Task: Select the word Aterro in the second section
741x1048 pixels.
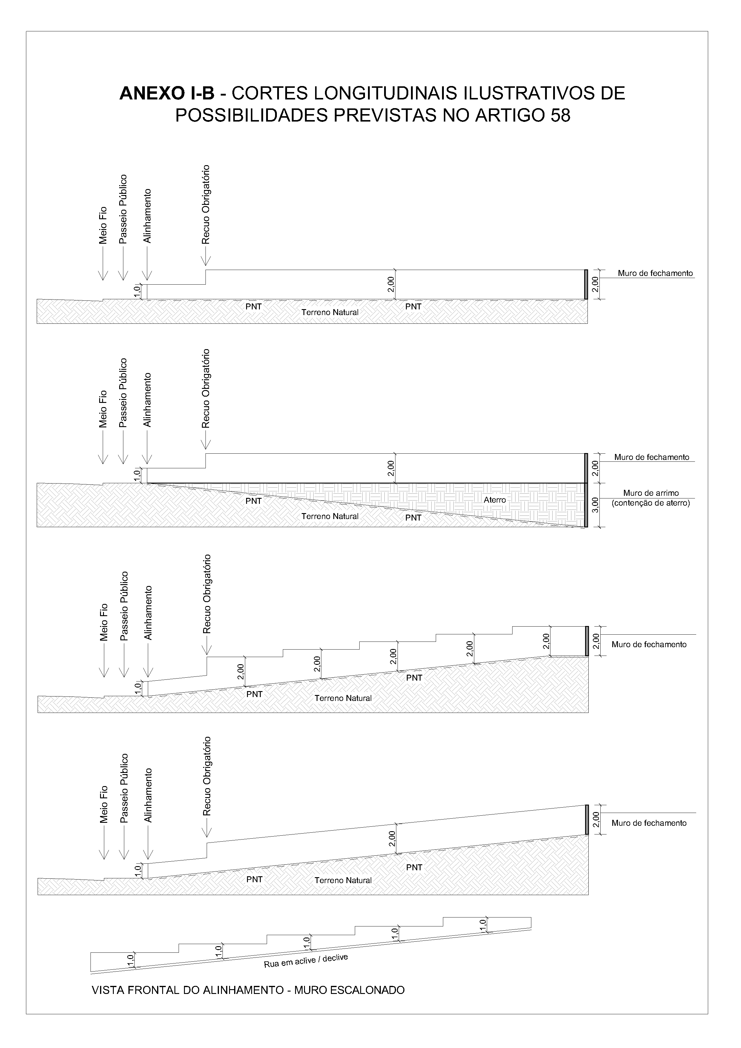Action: click(495, 500)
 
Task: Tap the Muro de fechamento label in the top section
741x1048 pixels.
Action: click(655, 273)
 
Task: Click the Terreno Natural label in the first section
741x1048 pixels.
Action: click(330, 313)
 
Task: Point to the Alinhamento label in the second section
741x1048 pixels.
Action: click(147, 400)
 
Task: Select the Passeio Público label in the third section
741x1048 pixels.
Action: click(124, 606)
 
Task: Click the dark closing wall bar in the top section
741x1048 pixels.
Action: click(586, 284)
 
